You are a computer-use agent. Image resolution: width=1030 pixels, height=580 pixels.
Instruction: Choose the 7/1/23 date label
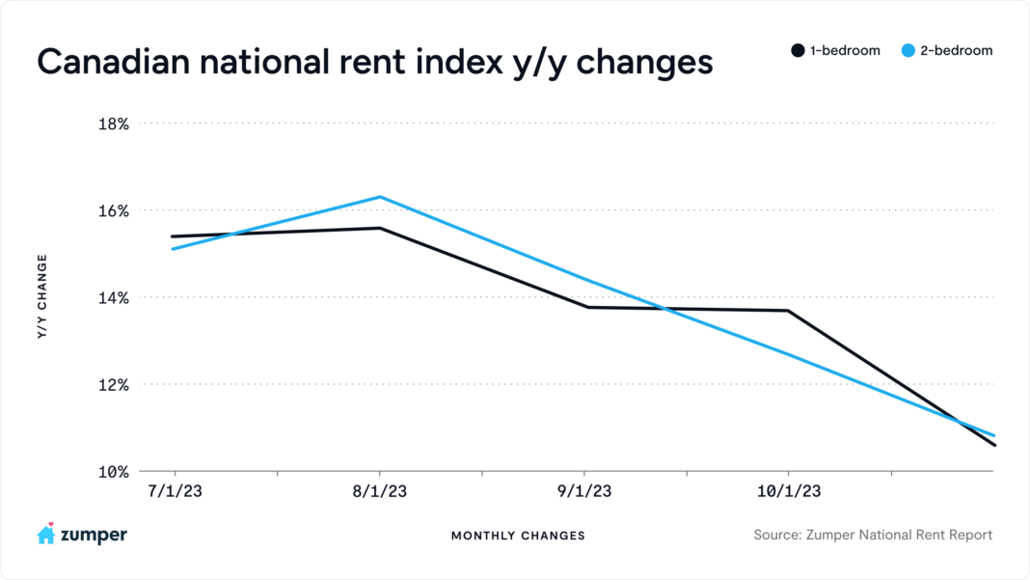tap(175, 491)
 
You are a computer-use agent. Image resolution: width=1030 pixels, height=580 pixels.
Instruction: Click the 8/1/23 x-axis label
tap(379, 491)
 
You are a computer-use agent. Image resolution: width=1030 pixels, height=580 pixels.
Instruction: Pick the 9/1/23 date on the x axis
tap(583, 491)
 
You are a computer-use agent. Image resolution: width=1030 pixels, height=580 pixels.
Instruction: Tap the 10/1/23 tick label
tap(789, 491)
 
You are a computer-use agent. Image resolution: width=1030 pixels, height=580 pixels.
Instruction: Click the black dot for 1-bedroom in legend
tap(798, 50)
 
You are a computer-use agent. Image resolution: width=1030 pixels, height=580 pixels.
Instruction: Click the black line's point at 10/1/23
tap(789, 311)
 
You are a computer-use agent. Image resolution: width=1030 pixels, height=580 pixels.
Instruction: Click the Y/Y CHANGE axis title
tap(42, 296)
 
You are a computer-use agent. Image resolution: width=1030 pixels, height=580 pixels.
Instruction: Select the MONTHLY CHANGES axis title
tap(517, 536)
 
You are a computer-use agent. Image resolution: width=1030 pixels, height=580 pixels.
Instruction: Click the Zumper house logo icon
tap(45, 534)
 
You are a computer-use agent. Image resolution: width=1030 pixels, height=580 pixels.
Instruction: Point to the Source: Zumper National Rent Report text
tap(873, 535)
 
